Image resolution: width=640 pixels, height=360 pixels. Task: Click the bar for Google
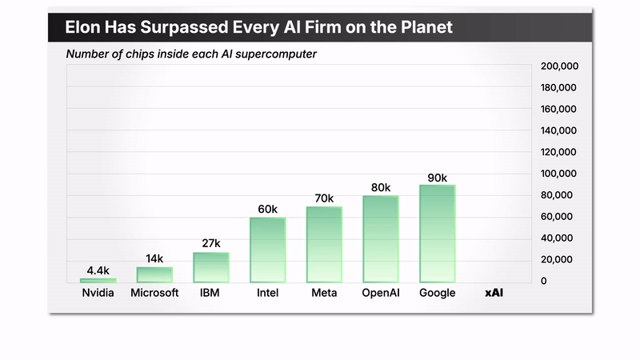click(437, 234)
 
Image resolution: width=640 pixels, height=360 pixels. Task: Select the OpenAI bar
click(381, 238)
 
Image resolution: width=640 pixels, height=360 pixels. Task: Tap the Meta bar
click(324, 244)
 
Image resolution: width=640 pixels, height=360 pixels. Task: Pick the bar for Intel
click(267, 250)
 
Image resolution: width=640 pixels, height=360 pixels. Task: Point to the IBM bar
click(211, 267)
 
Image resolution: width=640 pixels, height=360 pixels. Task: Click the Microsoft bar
click(154, 274)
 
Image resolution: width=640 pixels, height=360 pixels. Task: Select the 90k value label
click(437, 178)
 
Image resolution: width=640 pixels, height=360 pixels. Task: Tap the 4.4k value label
click(98, 270)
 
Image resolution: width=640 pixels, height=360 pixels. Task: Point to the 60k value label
click(267, 210)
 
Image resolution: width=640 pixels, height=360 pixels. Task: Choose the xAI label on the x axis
click(494, 293)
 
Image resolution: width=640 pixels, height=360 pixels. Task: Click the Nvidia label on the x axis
click(98, 293)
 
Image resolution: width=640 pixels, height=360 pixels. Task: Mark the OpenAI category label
click(381, 293)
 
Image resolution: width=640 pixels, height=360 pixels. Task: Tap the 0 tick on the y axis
click(545, 281)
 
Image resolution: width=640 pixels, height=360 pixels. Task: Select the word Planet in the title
click(424, 27)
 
